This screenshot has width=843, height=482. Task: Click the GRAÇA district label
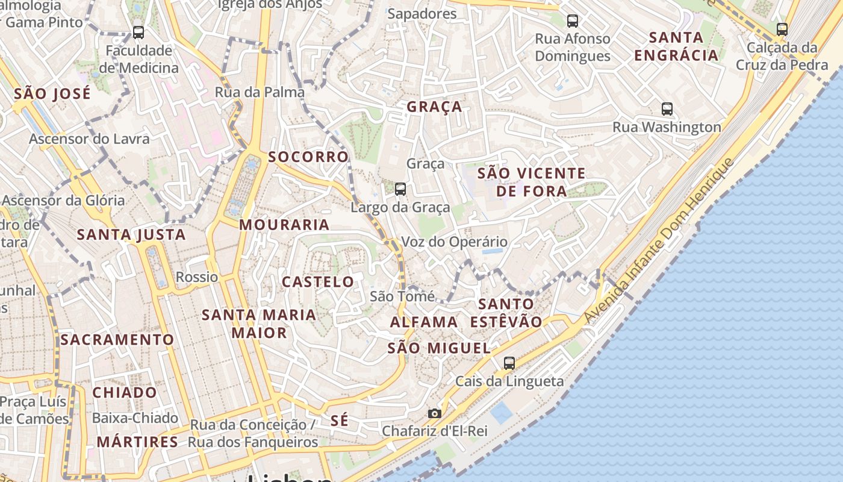click(434, 107)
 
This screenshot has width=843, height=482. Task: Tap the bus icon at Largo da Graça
click(400, 189)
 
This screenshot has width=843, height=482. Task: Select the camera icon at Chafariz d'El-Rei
click(434, 413)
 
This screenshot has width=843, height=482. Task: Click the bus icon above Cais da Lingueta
click(509, 363)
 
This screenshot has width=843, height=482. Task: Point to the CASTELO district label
click(318, 281)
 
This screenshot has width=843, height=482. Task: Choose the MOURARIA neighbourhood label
click(284, 225)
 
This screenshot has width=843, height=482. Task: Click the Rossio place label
click(197, 277)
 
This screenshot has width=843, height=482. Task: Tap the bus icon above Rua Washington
click(667, 109)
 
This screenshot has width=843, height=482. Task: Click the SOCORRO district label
click(308, 157)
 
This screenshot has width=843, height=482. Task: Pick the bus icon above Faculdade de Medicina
click(138, 33)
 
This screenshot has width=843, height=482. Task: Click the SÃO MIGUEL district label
click(439, 348)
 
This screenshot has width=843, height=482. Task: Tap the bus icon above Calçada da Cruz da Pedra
click(782, 29)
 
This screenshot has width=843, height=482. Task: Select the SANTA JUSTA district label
click(131, 234)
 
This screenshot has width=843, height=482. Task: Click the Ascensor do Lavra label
click(89, 139)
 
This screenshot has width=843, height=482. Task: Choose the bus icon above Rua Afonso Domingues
click(573, 21)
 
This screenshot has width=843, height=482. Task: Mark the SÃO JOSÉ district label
click(52, 93)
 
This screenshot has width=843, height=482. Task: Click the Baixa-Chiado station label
click(135, 418)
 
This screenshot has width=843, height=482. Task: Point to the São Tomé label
click(402, 296)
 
